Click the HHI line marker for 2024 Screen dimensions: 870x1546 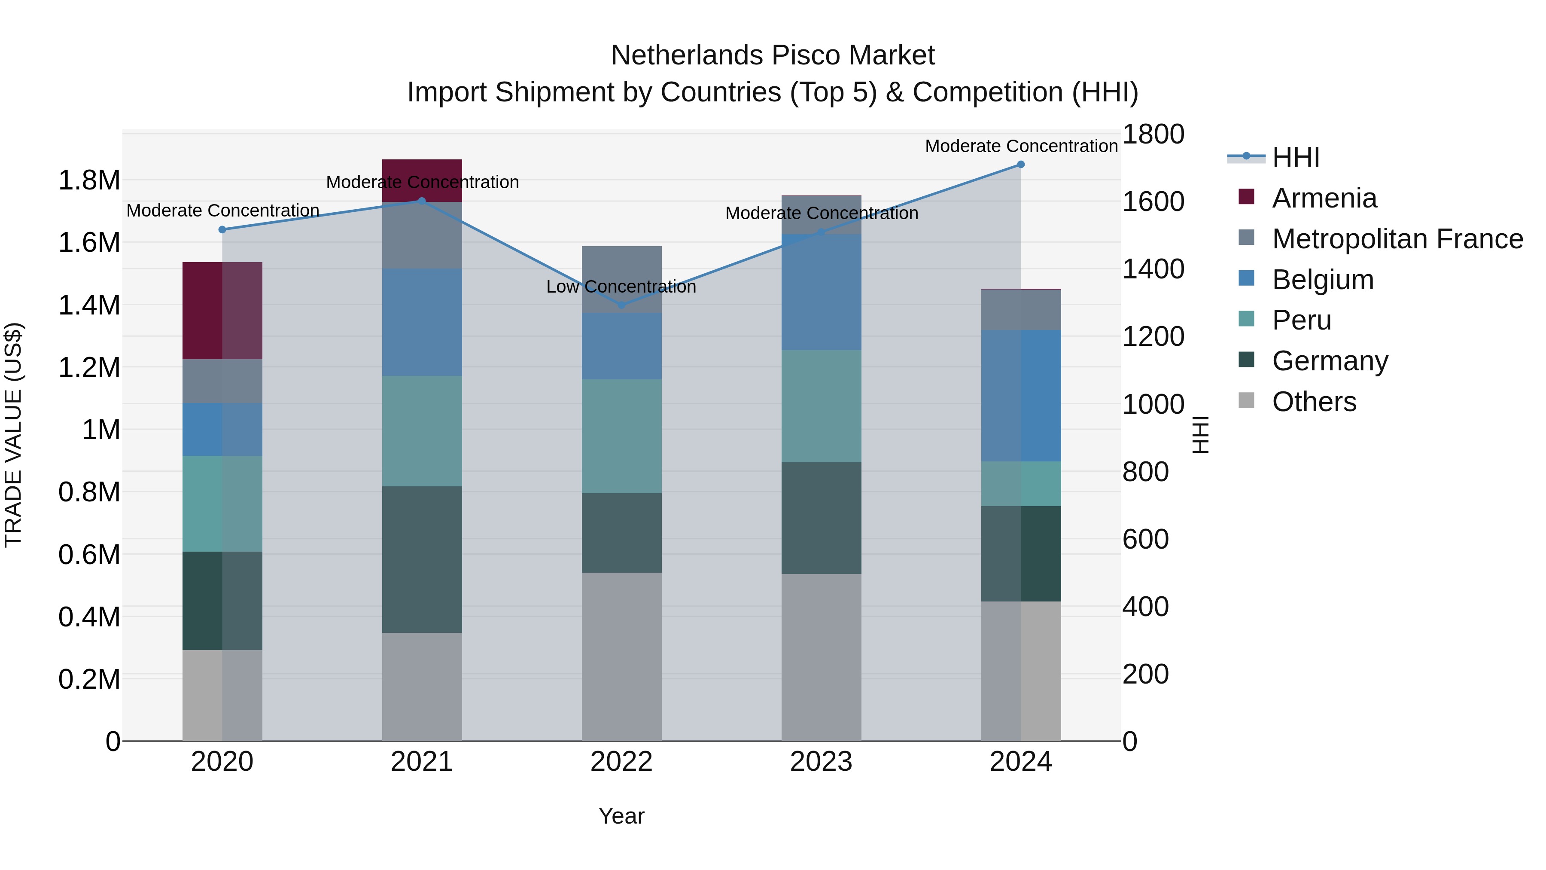click(1020, 165)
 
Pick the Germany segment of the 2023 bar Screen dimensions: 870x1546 click(821, 518)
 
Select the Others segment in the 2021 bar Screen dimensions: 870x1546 click(422, 686)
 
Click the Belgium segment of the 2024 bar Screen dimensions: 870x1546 click(1020, 396)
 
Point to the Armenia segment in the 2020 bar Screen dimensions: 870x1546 click(222, 311)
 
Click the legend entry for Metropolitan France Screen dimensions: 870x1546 click(1397, 239)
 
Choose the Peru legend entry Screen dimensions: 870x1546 click(1301, 320)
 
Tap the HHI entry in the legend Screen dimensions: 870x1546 click(1295, 157)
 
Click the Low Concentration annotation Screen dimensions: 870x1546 click(621, 287)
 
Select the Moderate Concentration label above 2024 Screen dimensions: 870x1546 click(1021, 146)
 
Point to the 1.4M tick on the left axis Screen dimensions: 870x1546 click(89, 305)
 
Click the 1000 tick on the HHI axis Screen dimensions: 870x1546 click(1153, 404)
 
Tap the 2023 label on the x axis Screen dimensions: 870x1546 click(821, 762)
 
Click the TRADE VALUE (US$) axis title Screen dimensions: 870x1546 click(13, 435)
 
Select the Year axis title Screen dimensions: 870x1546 click(621, 816)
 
